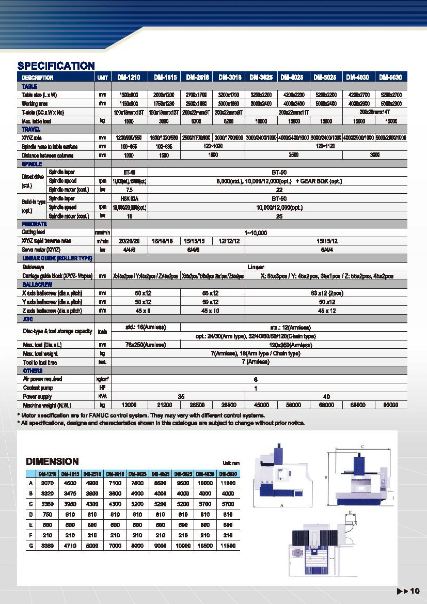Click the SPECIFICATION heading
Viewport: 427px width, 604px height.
(56, 66)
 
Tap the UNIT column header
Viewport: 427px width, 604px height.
(102, 78)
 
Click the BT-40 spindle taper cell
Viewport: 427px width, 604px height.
(129, 172)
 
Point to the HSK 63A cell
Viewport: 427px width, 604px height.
(129, 198)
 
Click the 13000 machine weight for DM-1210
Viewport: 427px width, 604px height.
(129, 405)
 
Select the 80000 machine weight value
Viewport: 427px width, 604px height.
(391, 405)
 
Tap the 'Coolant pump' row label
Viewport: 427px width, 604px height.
(38, 388)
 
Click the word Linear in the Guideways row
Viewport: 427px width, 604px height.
(256, 267)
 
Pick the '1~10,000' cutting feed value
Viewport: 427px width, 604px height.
(256, 233)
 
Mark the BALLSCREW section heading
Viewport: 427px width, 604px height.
(36, 285)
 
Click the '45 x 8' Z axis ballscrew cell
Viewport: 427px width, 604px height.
(129, 311)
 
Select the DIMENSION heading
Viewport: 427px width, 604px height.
(52, 461)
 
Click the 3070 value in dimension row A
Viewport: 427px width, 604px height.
(47, 483)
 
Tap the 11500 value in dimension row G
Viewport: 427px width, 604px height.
(228, 546)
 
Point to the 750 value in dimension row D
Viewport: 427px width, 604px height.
(47, 515)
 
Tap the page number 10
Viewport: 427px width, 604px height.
(415, 591)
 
